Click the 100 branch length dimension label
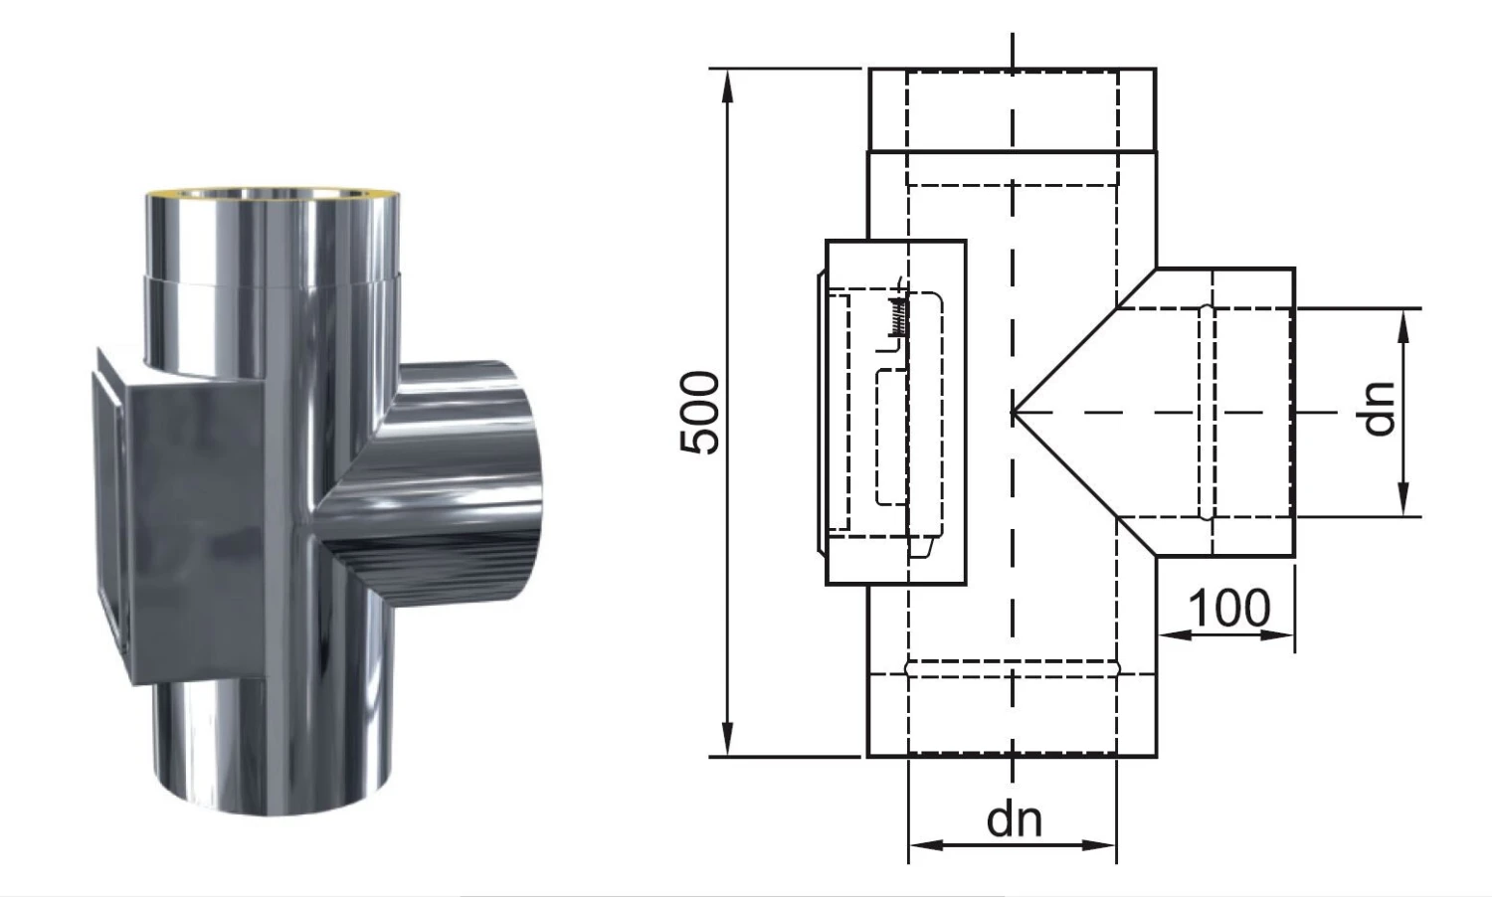coord(1229,608)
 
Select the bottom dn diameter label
coord(1014,819)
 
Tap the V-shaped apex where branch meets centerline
coord(1015,412)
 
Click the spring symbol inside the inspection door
coord(898,315)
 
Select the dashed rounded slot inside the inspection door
coord(892,437)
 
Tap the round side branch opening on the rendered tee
coord(517,482)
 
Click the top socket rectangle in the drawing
coord(1012,109)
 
